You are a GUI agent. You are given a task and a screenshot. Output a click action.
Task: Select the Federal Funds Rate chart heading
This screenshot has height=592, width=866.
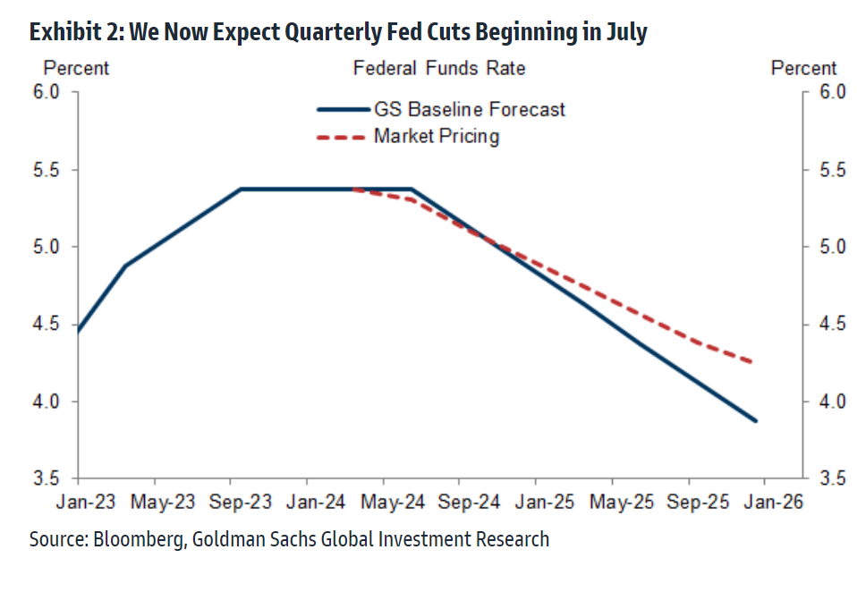[x=438, y=69]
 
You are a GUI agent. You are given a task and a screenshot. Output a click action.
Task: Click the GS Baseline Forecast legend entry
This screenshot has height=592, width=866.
[x=469, y=110]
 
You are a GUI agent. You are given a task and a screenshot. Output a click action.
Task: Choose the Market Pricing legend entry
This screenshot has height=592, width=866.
[x=436, y=137]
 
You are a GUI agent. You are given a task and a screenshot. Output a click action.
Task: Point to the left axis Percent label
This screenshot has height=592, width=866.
[x=76, y=69]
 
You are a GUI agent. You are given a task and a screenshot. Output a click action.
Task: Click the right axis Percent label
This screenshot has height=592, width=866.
[x=803, y=69]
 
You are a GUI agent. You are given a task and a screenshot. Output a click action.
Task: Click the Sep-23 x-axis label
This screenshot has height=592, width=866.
[x=241, y=503]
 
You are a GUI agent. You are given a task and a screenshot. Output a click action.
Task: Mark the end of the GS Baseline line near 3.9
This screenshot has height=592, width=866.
[x=756, y=420]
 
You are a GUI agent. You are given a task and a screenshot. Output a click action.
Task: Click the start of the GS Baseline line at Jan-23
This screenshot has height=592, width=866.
[x=79, y=331]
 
